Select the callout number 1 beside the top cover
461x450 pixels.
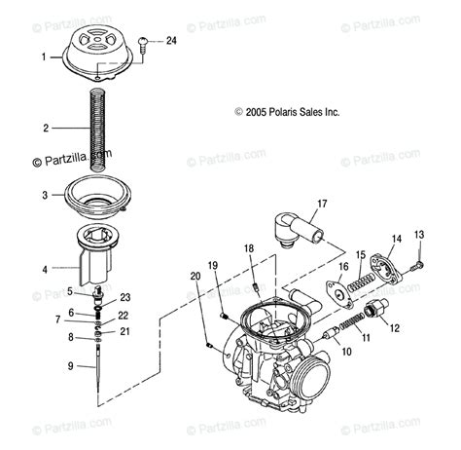click(43, 57)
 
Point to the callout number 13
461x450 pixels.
click(419, 235)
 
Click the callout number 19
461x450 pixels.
click(213, 265)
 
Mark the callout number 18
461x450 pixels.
click(248, 250)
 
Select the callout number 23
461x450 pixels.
click(124, 298)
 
